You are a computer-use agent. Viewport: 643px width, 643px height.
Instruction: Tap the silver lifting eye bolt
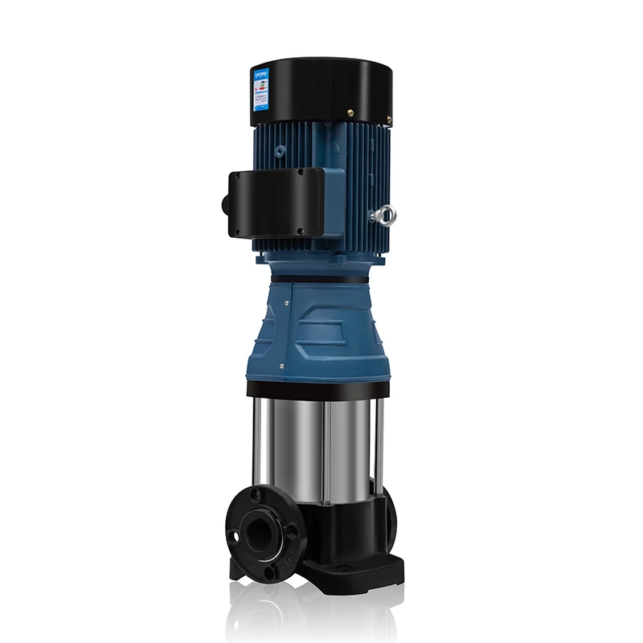pyautogui.click(x=384, y=215)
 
